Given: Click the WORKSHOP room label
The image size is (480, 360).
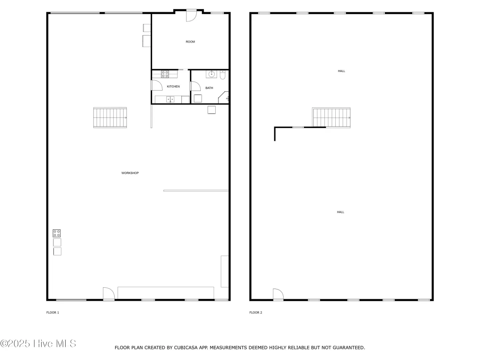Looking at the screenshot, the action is pos(130,173).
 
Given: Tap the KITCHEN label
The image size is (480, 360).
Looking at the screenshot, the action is pos(173,87).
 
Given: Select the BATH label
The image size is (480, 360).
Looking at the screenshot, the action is pos(209,88).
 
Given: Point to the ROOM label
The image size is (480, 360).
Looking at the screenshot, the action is pos(190,42).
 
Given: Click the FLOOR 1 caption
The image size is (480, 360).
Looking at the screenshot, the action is pos(53,313).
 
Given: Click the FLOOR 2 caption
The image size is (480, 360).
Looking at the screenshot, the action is pos(256,313).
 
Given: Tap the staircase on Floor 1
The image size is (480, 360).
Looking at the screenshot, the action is pos(110,118).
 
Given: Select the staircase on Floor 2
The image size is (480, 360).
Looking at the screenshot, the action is pos(331,118).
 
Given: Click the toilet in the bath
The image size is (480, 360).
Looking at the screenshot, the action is pos(223,75).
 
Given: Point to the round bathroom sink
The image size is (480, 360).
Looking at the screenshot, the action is pos(211,74).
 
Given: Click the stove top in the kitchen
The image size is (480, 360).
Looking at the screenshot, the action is pos(165,74).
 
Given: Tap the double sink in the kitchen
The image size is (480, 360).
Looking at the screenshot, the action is pos(170,99).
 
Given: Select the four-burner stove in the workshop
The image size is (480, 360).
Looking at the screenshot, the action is pos(57,233).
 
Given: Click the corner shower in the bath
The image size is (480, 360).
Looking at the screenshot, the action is pos(223,97).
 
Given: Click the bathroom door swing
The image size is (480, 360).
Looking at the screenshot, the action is pos(195,86).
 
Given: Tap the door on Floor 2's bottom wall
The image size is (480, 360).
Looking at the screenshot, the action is pos(278,294).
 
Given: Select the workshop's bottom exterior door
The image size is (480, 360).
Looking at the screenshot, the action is pos(109,293).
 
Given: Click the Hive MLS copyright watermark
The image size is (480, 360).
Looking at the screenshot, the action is pos(38,344).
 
